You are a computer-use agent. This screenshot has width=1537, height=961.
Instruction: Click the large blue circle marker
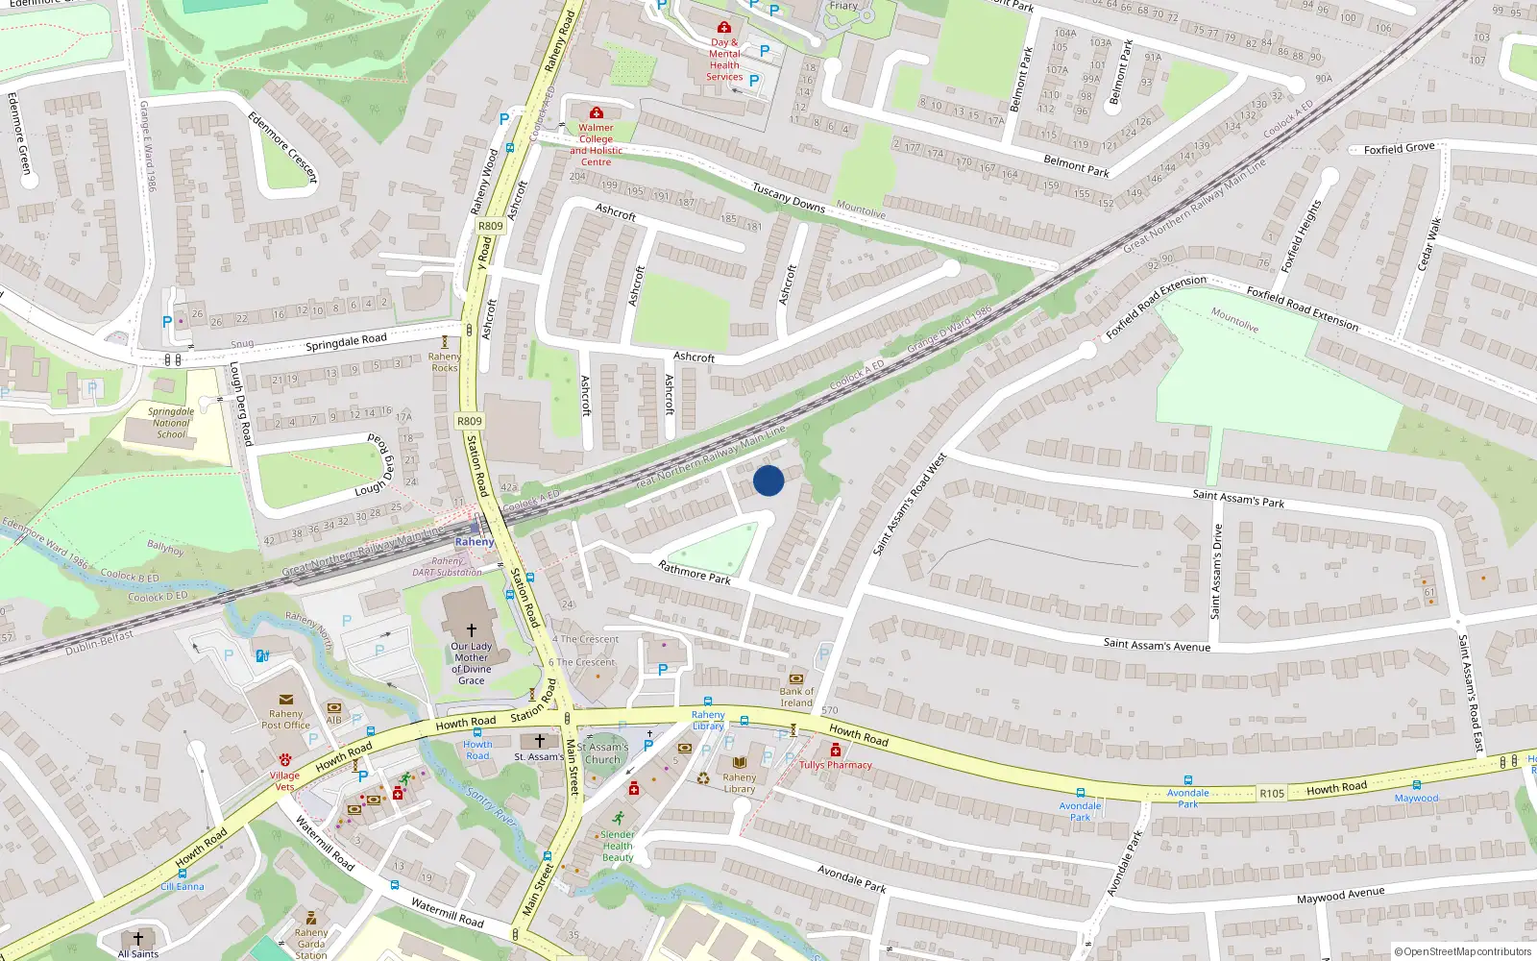tap(768, 480)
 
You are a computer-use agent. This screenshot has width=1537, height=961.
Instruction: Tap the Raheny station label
tap(475, 542)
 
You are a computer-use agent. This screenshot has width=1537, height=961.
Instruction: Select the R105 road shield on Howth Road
tap(1272, 793)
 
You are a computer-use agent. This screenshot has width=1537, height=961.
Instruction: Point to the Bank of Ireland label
tap(796, 697)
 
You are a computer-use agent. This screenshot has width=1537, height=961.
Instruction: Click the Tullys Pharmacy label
tap(836, 765)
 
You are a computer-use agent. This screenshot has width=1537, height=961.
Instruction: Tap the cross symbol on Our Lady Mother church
tap(471, 629)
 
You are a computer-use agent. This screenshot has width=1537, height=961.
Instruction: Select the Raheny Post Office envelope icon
tap(285, 700)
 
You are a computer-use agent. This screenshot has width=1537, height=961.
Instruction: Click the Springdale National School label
tap(171, 423)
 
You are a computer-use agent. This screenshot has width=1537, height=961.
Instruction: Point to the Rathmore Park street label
tap(694, 573)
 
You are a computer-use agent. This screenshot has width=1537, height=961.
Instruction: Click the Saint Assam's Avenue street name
tap(1157, 645)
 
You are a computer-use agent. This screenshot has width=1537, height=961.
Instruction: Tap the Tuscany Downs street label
tap(788, 197)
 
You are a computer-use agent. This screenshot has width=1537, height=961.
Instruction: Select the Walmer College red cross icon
tap(596, 113)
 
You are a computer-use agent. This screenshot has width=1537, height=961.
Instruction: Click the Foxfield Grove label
tap(1399, 149)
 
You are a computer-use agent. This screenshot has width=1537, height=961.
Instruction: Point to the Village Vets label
tap(284, 780)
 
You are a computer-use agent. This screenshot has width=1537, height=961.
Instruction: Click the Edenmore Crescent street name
tap(281, 147)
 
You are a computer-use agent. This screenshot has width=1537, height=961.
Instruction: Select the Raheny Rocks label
tap(444, 361)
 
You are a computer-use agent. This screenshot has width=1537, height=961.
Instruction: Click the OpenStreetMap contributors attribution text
tap(1462, 951)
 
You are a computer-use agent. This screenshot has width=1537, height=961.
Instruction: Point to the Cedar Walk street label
tap(1427, 243)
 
